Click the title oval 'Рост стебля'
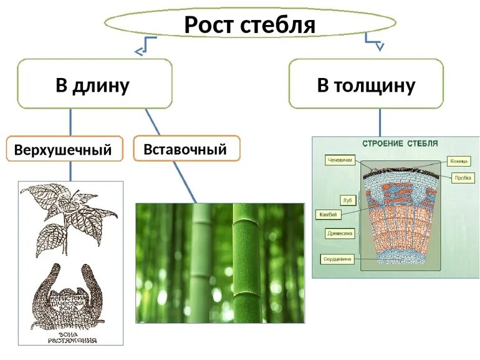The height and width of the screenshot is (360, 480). (x=249, y=24)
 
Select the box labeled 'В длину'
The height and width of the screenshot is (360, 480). (x=94, y=84)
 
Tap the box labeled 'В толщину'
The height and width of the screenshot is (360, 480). (x=366, y=84)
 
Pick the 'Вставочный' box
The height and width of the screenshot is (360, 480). (x=186, y=148)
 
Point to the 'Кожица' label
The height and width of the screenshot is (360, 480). (x=459, y=161)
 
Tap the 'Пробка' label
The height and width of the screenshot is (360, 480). (x=461, y=177)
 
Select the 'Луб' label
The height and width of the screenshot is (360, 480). (x=348, y=200)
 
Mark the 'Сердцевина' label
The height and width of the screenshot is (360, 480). (x=337, y=258)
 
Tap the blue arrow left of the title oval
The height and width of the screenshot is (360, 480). (x=144, y=45)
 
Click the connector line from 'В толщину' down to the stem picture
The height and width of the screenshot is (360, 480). (x=380, y=122)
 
